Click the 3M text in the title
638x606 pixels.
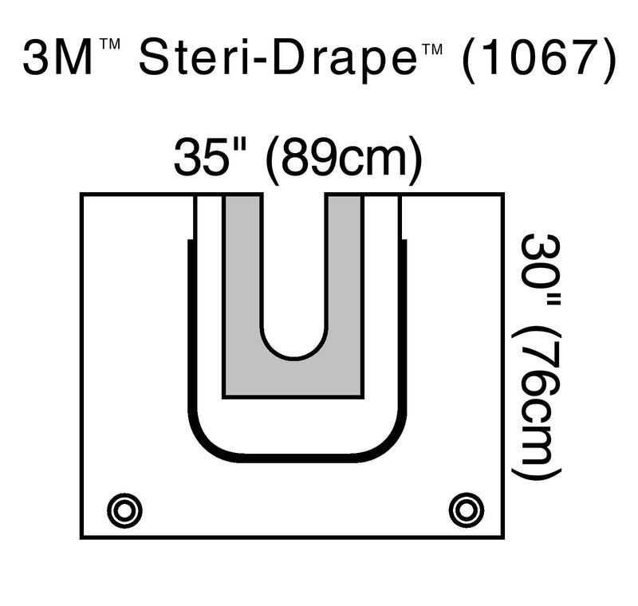pos(57,61)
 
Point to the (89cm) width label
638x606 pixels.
pos(343,159)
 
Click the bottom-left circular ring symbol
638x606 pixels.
pos(125,509)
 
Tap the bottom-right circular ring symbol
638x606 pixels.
pos(467,509)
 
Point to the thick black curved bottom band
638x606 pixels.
pos(293,458)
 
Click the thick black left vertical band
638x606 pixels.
pos(191,335)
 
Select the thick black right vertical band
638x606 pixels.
pos(403,335)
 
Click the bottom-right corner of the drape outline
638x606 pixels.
pos(504,537)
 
